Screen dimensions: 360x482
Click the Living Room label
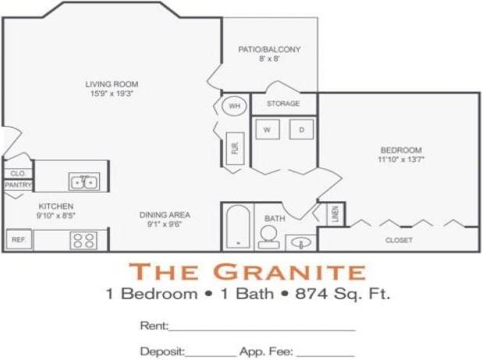coord(112,83)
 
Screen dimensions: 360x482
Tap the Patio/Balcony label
coord(270,49)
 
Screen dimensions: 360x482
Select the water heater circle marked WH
coord(234,104)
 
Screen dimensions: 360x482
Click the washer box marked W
coord(266,129)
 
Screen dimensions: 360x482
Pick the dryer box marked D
coord(301,129)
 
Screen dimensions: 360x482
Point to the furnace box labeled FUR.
coord(234,147)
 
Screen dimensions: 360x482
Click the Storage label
coord(283,103)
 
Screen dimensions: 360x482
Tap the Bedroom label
coord(401,150)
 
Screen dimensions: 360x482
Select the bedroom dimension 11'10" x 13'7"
coord(401,160)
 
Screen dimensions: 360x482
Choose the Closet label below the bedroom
coord(399,240)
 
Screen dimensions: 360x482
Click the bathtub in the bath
coord(236,227)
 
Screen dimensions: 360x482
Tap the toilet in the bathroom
coord(269,235)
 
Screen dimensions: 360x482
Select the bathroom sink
coord(300,242)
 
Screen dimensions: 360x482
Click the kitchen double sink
coord(83,182)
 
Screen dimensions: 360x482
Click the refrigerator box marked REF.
coord(19,240)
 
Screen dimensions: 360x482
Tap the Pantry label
coord(17,185)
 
